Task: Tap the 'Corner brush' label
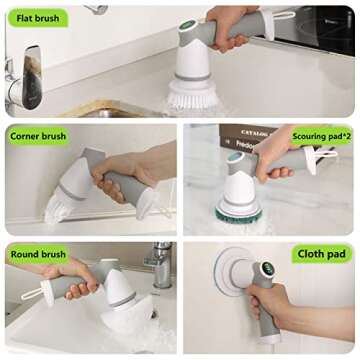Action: click(38, 134)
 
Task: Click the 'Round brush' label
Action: click(38, 253)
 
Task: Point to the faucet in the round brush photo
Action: click(160, 265)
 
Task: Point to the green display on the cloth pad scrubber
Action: click(268, 269)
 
